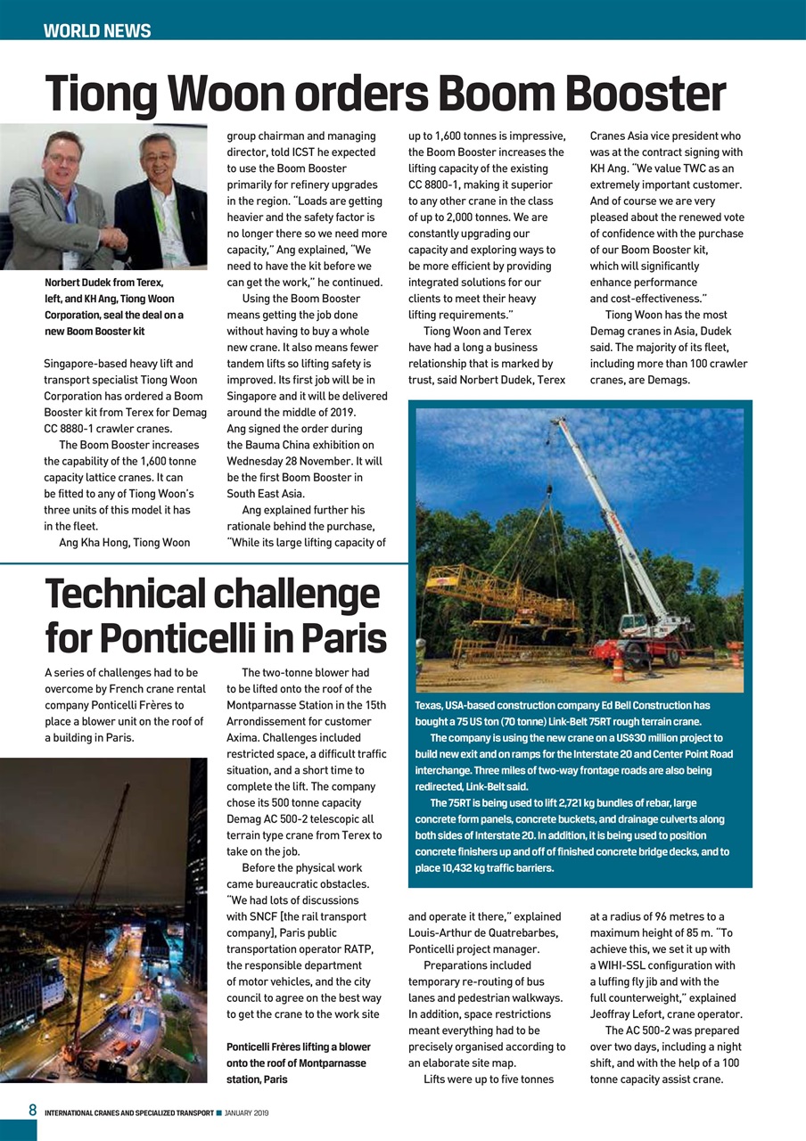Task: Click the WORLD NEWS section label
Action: tap(97, 31)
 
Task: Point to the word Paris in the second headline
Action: tap(342, 638)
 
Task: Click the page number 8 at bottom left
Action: tap(32, 1111)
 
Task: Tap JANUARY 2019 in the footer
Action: tap(247, 1112)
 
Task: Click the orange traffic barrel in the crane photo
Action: tap(618, 667)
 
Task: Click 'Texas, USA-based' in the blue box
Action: tap(456, 705)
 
